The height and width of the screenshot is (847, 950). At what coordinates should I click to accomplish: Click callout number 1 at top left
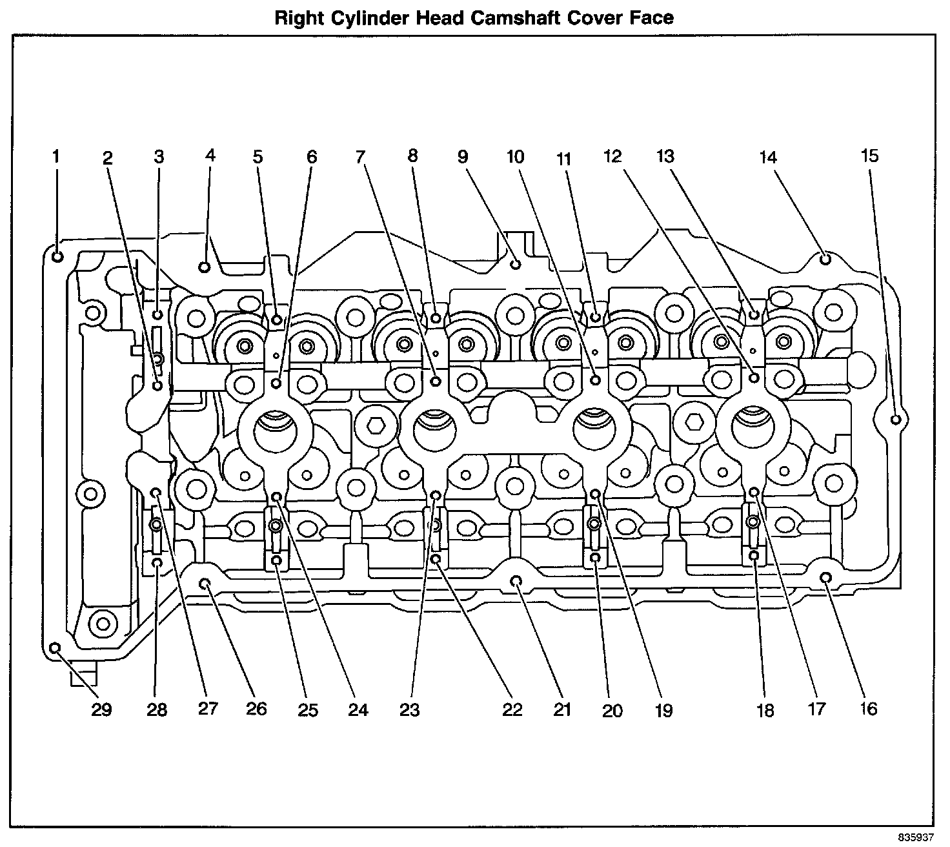point(56,156)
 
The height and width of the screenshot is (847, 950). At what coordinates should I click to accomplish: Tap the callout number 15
point(869,156)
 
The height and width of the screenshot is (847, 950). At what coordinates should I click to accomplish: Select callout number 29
point(101,709)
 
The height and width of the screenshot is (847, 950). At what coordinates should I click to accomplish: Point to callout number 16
point(869,709)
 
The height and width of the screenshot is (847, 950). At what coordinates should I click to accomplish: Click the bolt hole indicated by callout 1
point(57,256)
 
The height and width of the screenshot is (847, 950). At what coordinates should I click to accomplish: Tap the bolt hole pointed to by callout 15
point(896,420)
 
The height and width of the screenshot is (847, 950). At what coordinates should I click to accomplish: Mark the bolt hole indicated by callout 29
point(56,648)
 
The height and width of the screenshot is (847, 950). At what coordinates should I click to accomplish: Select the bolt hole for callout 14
point(825,259)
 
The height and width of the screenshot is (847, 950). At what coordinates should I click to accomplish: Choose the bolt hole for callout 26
point(205,584)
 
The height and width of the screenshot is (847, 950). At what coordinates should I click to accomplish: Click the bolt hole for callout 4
point(205,266)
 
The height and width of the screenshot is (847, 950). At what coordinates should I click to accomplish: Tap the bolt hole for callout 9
point(516,263)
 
